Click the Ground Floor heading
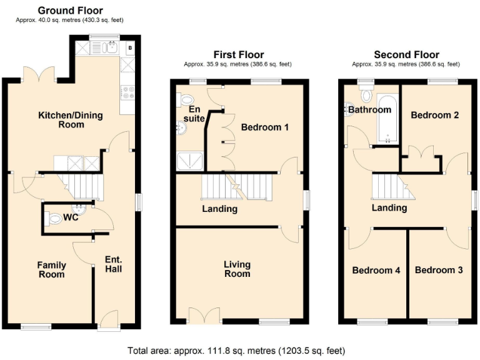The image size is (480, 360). pos(71,11)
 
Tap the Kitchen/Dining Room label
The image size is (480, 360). pos(71,120)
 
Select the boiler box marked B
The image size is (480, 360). pos(129,47)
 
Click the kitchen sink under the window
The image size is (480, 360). pos(112,48)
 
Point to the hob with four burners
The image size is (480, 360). pos(128,92)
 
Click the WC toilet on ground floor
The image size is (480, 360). pos(56,219)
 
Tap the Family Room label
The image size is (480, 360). pos(51,270)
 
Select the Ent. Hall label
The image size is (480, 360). pos(113,264)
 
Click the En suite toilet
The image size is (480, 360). pos(186,100)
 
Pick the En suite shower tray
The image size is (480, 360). pos(190,162)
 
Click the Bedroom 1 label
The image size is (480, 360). pos(265,127)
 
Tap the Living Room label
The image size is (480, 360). pos(237,269)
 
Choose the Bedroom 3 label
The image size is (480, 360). pos(439,270)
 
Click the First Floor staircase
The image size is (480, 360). pos(237,187)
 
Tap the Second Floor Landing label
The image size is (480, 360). pos(389,208)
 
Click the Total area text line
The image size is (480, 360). pos(236,351)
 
